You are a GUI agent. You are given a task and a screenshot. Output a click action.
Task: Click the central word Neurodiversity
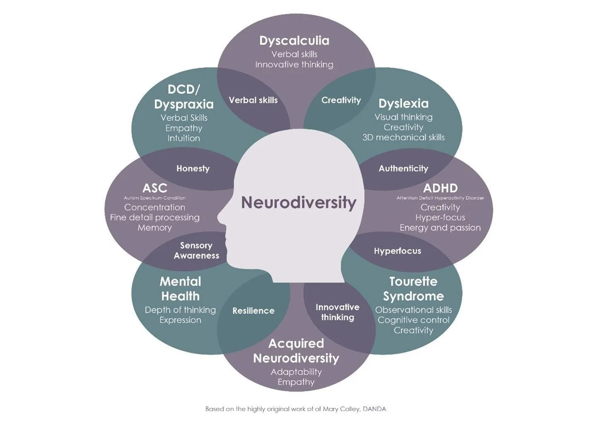(x=299, y=203)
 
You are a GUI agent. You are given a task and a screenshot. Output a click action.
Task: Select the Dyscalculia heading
(x=294, y=41)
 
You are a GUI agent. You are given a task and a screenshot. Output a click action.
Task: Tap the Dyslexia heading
(x=403, y=104)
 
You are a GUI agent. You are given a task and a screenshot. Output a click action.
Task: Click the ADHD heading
(x=440, y=189)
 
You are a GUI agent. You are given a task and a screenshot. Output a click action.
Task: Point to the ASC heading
(x=155, y=189)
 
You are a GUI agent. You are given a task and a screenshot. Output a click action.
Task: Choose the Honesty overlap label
(x=193, y=169)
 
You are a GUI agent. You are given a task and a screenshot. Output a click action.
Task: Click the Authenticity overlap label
(x=403, y=169)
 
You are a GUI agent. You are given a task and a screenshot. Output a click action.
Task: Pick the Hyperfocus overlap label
(x=397, y=251)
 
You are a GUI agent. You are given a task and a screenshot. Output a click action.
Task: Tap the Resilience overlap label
(x=253, y=311)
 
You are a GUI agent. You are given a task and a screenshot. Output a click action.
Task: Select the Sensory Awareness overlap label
(x=196, y=251)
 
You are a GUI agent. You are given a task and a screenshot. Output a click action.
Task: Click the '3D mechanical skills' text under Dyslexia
(x=403, y=138)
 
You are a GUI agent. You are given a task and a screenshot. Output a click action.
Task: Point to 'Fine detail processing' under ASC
(x=155, y=218)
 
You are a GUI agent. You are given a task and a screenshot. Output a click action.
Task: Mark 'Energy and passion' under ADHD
(x=440, y=228)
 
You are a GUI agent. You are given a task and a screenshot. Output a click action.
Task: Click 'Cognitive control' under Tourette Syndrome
(x=413, y=320)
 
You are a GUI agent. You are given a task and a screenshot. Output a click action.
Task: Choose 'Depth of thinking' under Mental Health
(x=180, y=310)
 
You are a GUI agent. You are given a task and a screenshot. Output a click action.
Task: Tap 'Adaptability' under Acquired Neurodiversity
(x=296, y=372)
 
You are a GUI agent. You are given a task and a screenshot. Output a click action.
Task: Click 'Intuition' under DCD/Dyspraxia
(x=184, y=138)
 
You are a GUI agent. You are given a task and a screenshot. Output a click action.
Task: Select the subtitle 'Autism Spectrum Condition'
(x=155, y=198)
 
